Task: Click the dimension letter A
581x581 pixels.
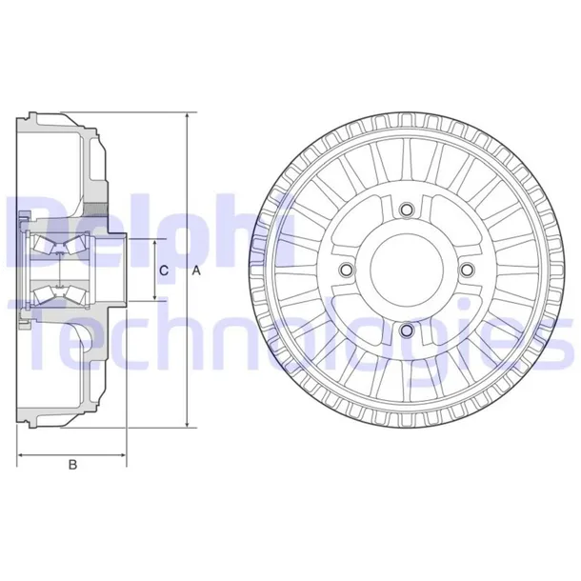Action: coord(195,271)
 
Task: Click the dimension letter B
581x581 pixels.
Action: coord(71,465)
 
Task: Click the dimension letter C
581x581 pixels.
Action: coord(164,271)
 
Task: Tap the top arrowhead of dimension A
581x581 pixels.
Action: coord(187,115)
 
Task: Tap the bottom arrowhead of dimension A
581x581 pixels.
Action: coord(187,427)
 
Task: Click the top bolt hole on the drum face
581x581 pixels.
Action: coord(407,210)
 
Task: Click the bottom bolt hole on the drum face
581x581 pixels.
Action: coord(407,331)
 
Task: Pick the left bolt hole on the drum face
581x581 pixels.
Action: coord(347,270)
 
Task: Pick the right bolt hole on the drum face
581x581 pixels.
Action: coord(467,270)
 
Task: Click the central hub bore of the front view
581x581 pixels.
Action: coord(407,270)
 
